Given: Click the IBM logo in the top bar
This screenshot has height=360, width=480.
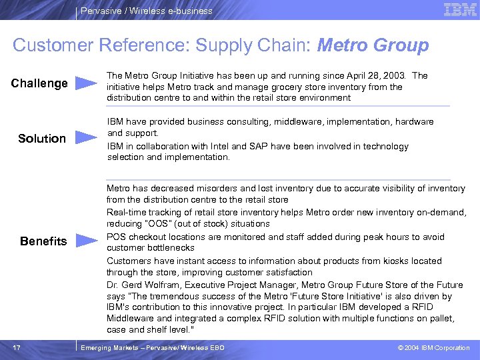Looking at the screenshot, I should coord(460,10).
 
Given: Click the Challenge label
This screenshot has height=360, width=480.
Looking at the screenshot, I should coord(40,83).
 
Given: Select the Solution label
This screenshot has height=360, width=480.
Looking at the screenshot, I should coord(42,139).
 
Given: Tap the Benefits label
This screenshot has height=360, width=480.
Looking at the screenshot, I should coord(43,241).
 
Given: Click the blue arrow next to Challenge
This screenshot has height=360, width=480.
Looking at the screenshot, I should coord(86,83).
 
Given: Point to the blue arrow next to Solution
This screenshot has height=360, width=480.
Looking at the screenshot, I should coord(86,138).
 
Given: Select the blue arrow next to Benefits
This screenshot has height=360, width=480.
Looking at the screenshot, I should coord(86,241).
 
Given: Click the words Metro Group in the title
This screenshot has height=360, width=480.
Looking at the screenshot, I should coord(373,45).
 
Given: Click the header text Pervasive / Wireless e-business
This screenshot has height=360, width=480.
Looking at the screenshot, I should coord(146,11).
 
